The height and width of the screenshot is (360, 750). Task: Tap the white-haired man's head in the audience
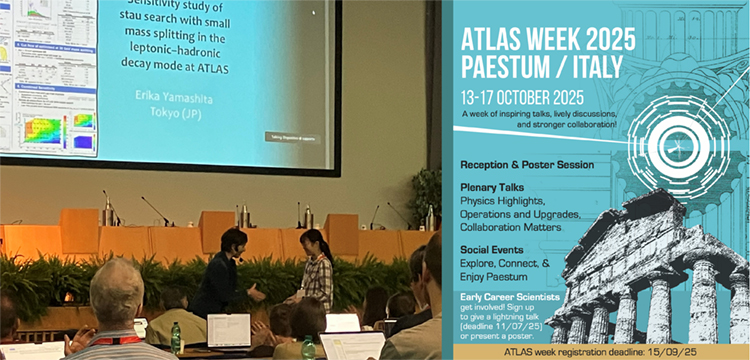(118, 291)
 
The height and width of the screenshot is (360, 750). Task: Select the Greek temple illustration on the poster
(650, 270)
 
